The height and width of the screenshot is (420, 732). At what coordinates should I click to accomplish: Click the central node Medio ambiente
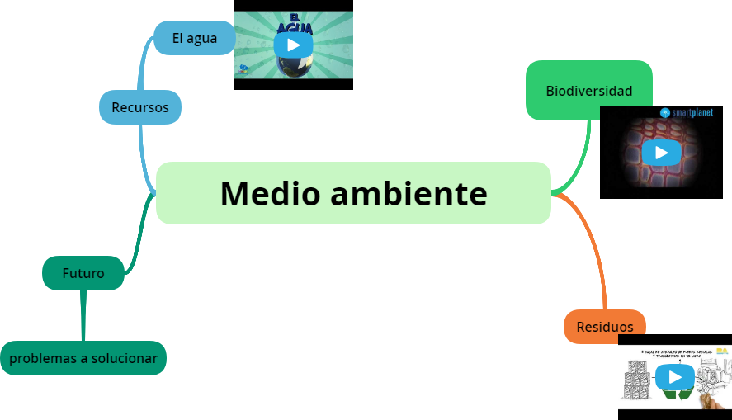pos(353,193)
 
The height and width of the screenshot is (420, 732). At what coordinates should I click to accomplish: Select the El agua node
pos(194,38)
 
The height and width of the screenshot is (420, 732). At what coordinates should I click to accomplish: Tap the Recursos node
pos(140,107)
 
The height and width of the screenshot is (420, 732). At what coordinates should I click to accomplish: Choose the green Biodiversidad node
pos(589,91)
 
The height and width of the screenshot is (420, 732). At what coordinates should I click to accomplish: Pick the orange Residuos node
pos(605,327)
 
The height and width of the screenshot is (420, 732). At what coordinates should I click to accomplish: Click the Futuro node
pos(83,273)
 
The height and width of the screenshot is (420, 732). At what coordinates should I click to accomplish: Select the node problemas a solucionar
pos(83,358)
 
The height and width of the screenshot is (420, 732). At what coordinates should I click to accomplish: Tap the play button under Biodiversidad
pos(661,153)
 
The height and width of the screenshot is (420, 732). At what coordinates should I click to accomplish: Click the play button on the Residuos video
pos(675,378)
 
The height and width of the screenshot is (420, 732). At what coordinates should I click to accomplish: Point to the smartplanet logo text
pos(692,112)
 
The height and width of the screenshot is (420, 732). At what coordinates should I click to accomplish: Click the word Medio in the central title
pos(268,194)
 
